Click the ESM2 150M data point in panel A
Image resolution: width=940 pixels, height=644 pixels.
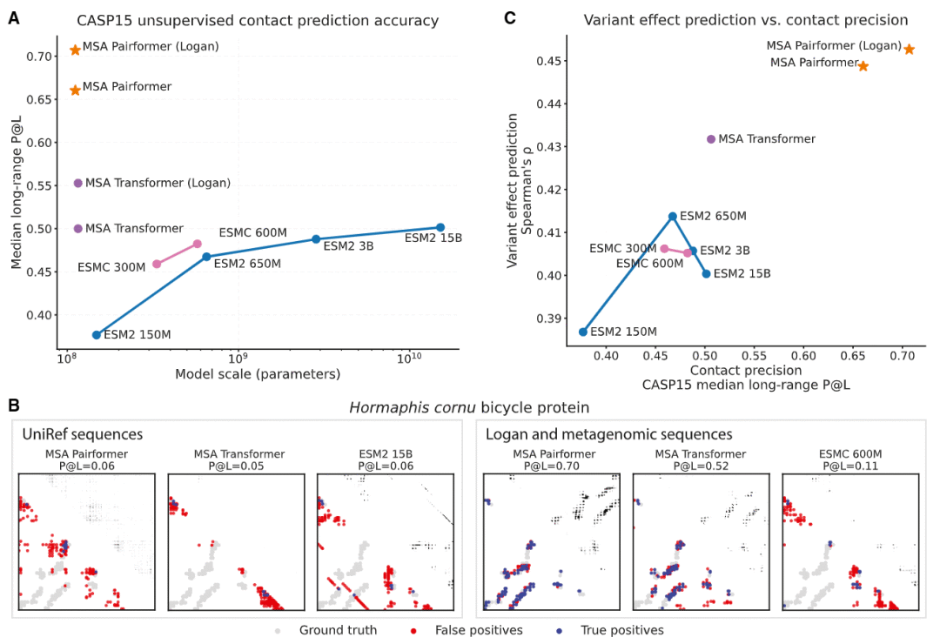pyautogui.click(x=97, y=334)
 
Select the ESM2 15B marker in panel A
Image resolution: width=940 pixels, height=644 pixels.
pyautogui.click(x=440, y=227)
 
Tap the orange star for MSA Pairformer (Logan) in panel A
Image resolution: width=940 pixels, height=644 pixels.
pyautogui.click(x=75, y=50)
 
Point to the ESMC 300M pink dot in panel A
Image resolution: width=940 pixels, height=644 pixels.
pyautogui.click(x=157, y=264)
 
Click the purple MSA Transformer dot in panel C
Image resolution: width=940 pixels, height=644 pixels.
pyautogui.click(x=711, y=139)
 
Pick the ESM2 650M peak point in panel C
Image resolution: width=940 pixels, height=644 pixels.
pyautogui.click(x=673, y=216)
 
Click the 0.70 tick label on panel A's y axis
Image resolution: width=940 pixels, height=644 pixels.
pyautogui.click(x=38, y=57)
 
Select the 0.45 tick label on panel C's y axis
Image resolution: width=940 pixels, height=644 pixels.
pyautogui.click(x=548, y=61)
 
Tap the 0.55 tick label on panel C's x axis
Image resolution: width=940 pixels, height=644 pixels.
pyautogui.click(x=754, y=356)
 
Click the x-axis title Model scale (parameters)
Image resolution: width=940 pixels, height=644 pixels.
pyautogui.click(x=258, y=374)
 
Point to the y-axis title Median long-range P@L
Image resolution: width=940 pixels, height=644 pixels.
pyautogui.click(x=17, y=191)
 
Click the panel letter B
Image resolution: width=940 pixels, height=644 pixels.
pyautogui.click(x=14, y=406)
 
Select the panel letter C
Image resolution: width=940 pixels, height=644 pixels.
pyautogui.click(x=510, y=18)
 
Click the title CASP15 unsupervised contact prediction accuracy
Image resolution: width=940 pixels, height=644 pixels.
pyautogui.click(x=258, y=20)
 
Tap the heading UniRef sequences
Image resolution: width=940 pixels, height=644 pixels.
pyautogui.click(x=83, y=434)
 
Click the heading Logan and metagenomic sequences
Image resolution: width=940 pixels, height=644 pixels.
pyautogui.click(x=609, y=434)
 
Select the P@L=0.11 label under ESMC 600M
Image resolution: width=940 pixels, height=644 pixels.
pyautogui.click(x=850, y=466)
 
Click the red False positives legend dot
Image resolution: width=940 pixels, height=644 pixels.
pyautogui.click(x=413, y=631)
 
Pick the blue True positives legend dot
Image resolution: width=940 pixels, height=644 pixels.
pyautogui.click(x=560, y=631)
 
